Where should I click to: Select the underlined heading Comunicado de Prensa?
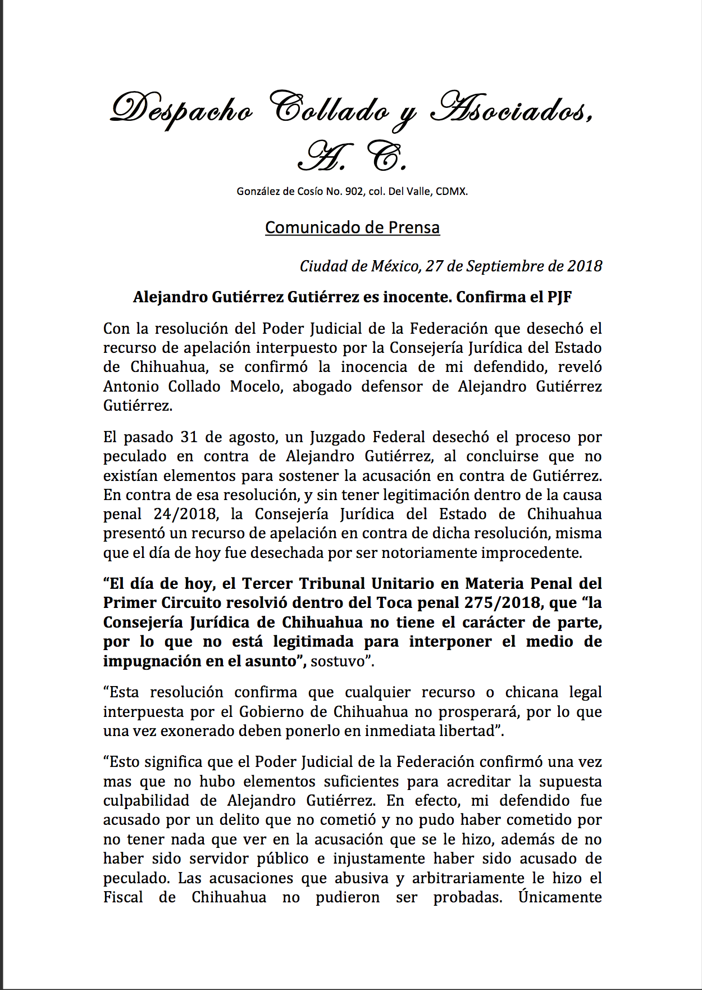pos(352,228)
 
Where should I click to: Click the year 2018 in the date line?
pos(584,266)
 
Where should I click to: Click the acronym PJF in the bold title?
pos(559,297)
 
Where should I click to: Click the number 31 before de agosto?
pos(189,437)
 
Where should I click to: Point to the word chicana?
pos(531,692)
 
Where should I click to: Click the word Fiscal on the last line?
pos(123,897)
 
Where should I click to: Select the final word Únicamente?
pos(560,897)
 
